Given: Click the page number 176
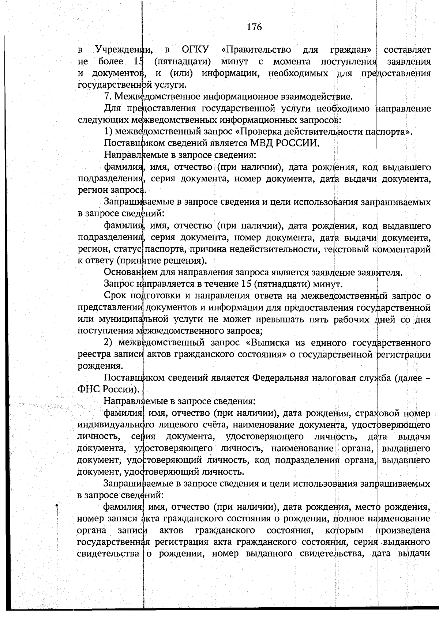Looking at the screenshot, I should (x=254, y=27).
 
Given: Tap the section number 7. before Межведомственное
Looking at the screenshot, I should (x=108, y=97).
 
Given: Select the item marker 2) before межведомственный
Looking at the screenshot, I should (x=109, y=343).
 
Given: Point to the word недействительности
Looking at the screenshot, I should (x=267, y=249).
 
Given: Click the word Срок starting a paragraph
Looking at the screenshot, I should (x=115, y=296).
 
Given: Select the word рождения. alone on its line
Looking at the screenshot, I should (x=95, y=366).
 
